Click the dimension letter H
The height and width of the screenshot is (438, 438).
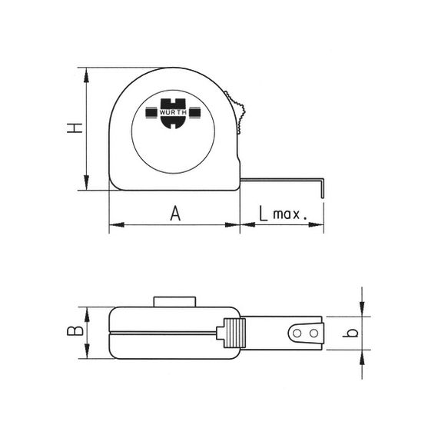coord(75,128)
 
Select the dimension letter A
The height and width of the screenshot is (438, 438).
coord(175,214)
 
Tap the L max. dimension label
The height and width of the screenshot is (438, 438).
coord(283,214)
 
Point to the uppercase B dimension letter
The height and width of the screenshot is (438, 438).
coord(75,330)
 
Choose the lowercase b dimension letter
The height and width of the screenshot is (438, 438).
coord(350,333)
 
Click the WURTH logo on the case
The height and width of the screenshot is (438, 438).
coord(173,114)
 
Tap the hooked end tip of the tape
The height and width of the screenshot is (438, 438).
coord(323,197)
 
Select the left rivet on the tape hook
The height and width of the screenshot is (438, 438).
coord(297,333)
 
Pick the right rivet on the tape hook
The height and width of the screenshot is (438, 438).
coord(314,333)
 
